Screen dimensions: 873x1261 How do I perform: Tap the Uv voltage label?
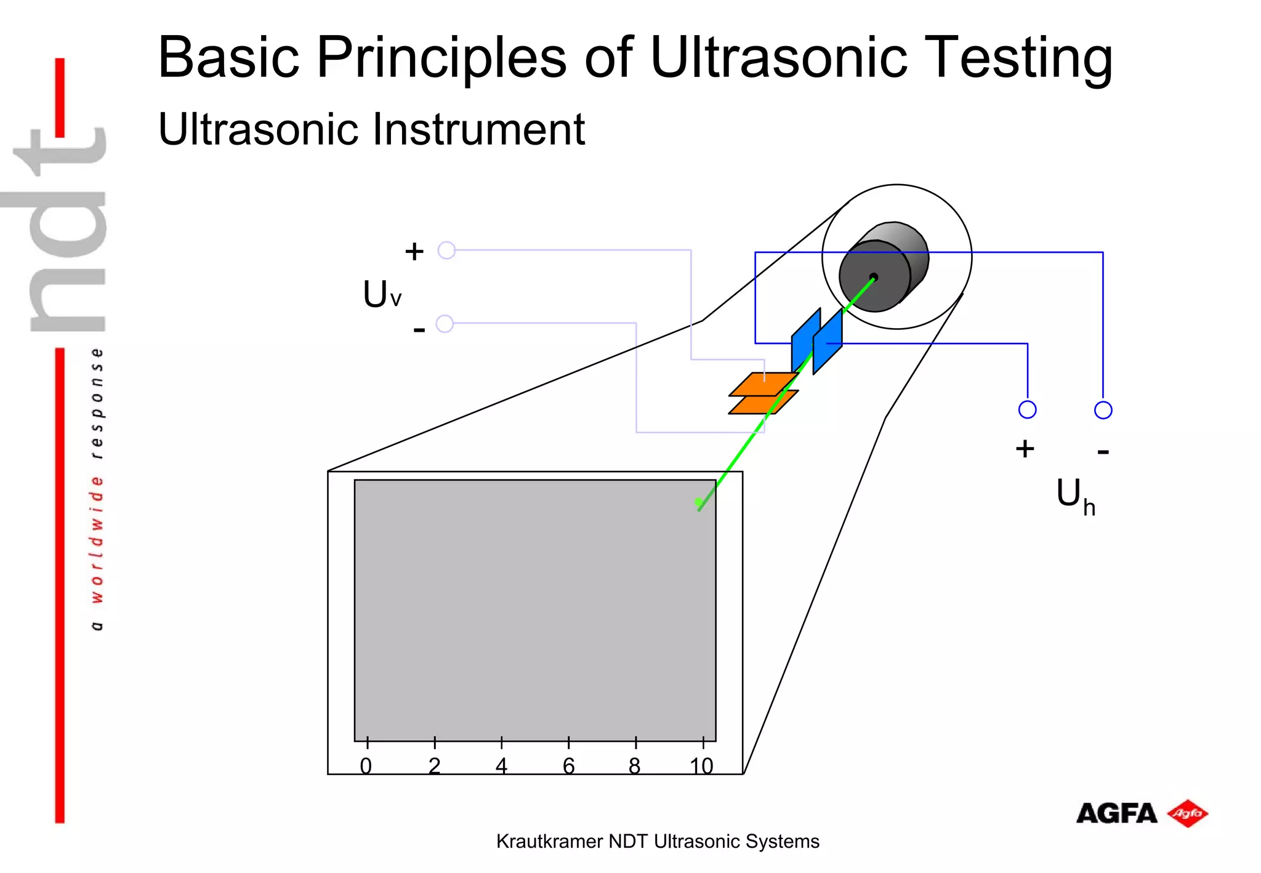pyautogui.click(x=382, y=294)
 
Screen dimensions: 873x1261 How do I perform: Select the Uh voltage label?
pyautogui.click(x=1075, y=496)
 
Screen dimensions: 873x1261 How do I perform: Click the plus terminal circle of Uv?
pyautogui.click(x=446, y=251)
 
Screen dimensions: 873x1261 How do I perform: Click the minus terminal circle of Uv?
pyautogui.click(x=445, y=324)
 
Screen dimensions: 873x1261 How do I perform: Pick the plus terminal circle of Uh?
pyautogui.click(x=1027, y=409)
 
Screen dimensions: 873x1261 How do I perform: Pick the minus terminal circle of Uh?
pyautogui.click(x=1103, y=410)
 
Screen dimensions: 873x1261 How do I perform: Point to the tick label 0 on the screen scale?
pyautogui.click(x=366, y=766)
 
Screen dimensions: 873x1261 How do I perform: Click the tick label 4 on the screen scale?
pyautogui.click(x=501, y=766)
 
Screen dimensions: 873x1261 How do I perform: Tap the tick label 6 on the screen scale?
pyautogui.click(x=568, y=766)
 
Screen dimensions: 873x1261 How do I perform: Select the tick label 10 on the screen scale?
pyautogui.click(x=701, y=766)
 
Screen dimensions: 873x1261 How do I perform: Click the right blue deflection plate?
pyautogui.click(x=828, y=342)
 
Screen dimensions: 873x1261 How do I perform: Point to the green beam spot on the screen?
pyautogui.click(x=698, y=504)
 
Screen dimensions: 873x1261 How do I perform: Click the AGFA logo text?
pyautogui.click(x=1116, y=814)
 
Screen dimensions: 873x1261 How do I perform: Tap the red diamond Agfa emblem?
pyautogui.click(x=1188, y=814)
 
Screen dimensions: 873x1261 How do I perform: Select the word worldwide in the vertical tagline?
pyautogui.click(x=97, y=539)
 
